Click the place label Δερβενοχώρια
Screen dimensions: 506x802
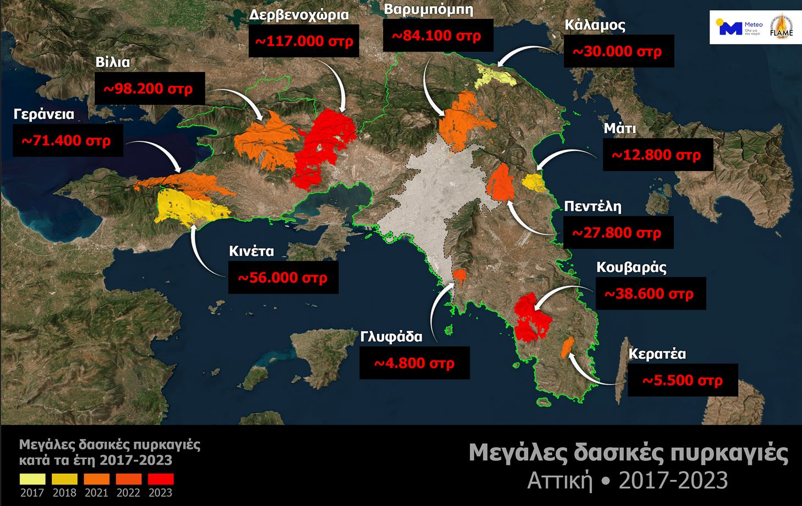[x=299, y=15]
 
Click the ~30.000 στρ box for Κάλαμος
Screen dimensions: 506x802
[x=619, y=51]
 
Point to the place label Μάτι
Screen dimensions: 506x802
[x=620, y=129]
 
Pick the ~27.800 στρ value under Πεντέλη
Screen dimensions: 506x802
[x=618, y=233]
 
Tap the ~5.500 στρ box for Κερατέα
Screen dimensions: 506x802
[x=683, y=380]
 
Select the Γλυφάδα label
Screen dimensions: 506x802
[x=391, y=336]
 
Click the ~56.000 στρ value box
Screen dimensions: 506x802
[x=283, y=277]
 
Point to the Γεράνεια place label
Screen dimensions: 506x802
[x=44, y=114]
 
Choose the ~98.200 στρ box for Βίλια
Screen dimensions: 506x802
[x=150, y=88]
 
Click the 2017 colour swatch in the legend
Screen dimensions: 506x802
[x=32, y=479]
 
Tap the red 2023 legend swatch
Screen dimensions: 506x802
[x=161, y=479]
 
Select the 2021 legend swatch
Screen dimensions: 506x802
[x=96, y=479]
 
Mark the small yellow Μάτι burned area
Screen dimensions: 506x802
[x=532, y=182]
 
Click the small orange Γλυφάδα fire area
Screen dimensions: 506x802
[x=459, y=274]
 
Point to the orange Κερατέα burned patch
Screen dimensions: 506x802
[x=566, y=348]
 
